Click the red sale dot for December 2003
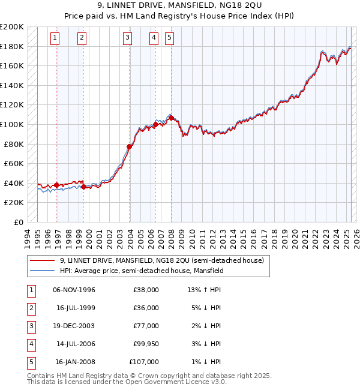pos(130,146)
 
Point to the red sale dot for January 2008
pos(171,118)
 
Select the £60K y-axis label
pos(14,163)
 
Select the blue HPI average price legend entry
pos(141,271)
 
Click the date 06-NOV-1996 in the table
pos(74,290)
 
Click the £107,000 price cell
pos(144,362)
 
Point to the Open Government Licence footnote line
pos(127,382)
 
